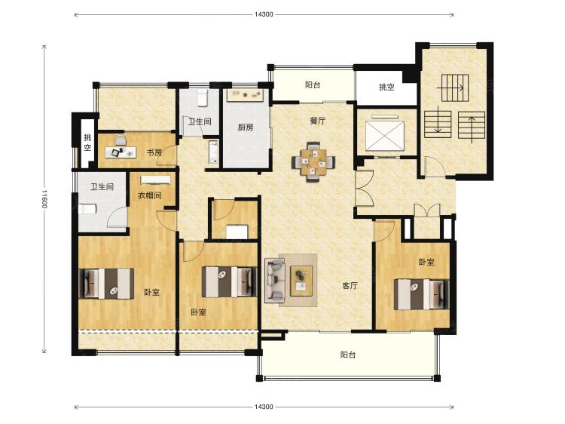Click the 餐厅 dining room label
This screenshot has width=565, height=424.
pos(317,121)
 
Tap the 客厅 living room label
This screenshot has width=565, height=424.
pos(350,286)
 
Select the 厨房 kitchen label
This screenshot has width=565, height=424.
pos(246,128)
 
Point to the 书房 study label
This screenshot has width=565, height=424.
pos(154,152)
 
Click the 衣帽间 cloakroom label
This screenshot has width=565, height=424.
pos(150,195)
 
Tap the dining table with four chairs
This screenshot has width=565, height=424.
pos(313,162)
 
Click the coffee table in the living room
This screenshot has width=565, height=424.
pos(301,281)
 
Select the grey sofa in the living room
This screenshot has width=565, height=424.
pos(275,281)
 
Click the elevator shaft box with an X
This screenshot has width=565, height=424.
pos(385,136)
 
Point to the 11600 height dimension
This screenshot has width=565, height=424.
pos(44,199)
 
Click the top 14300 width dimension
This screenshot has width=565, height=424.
pos(264,14)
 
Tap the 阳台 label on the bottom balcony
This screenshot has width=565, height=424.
pos(348,355)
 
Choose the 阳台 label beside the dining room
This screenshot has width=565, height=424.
pos(313,84)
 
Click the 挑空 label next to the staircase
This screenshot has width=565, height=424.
pos(386,87)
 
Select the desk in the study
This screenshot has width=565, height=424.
pos(121,152)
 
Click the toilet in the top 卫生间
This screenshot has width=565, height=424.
pos(203,97)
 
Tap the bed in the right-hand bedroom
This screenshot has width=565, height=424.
pos(421,294)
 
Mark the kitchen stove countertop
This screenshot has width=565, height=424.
pos(245,96)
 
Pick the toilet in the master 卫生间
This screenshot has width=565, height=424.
pos(87,209)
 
